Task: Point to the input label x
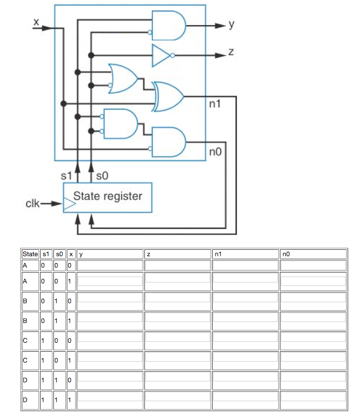click(x=36, y=22)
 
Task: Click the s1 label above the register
click(x=66, y=175)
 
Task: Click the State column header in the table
click(x=30, y=254)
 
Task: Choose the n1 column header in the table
click(x=245, y=254)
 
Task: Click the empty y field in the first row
click(x=110, y=265)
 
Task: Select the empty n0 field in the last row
click(x=313, y=399)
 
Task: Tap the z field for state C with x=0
click(x=178, y=341)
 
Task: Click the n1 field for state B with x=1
click(x=245, y=321)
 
